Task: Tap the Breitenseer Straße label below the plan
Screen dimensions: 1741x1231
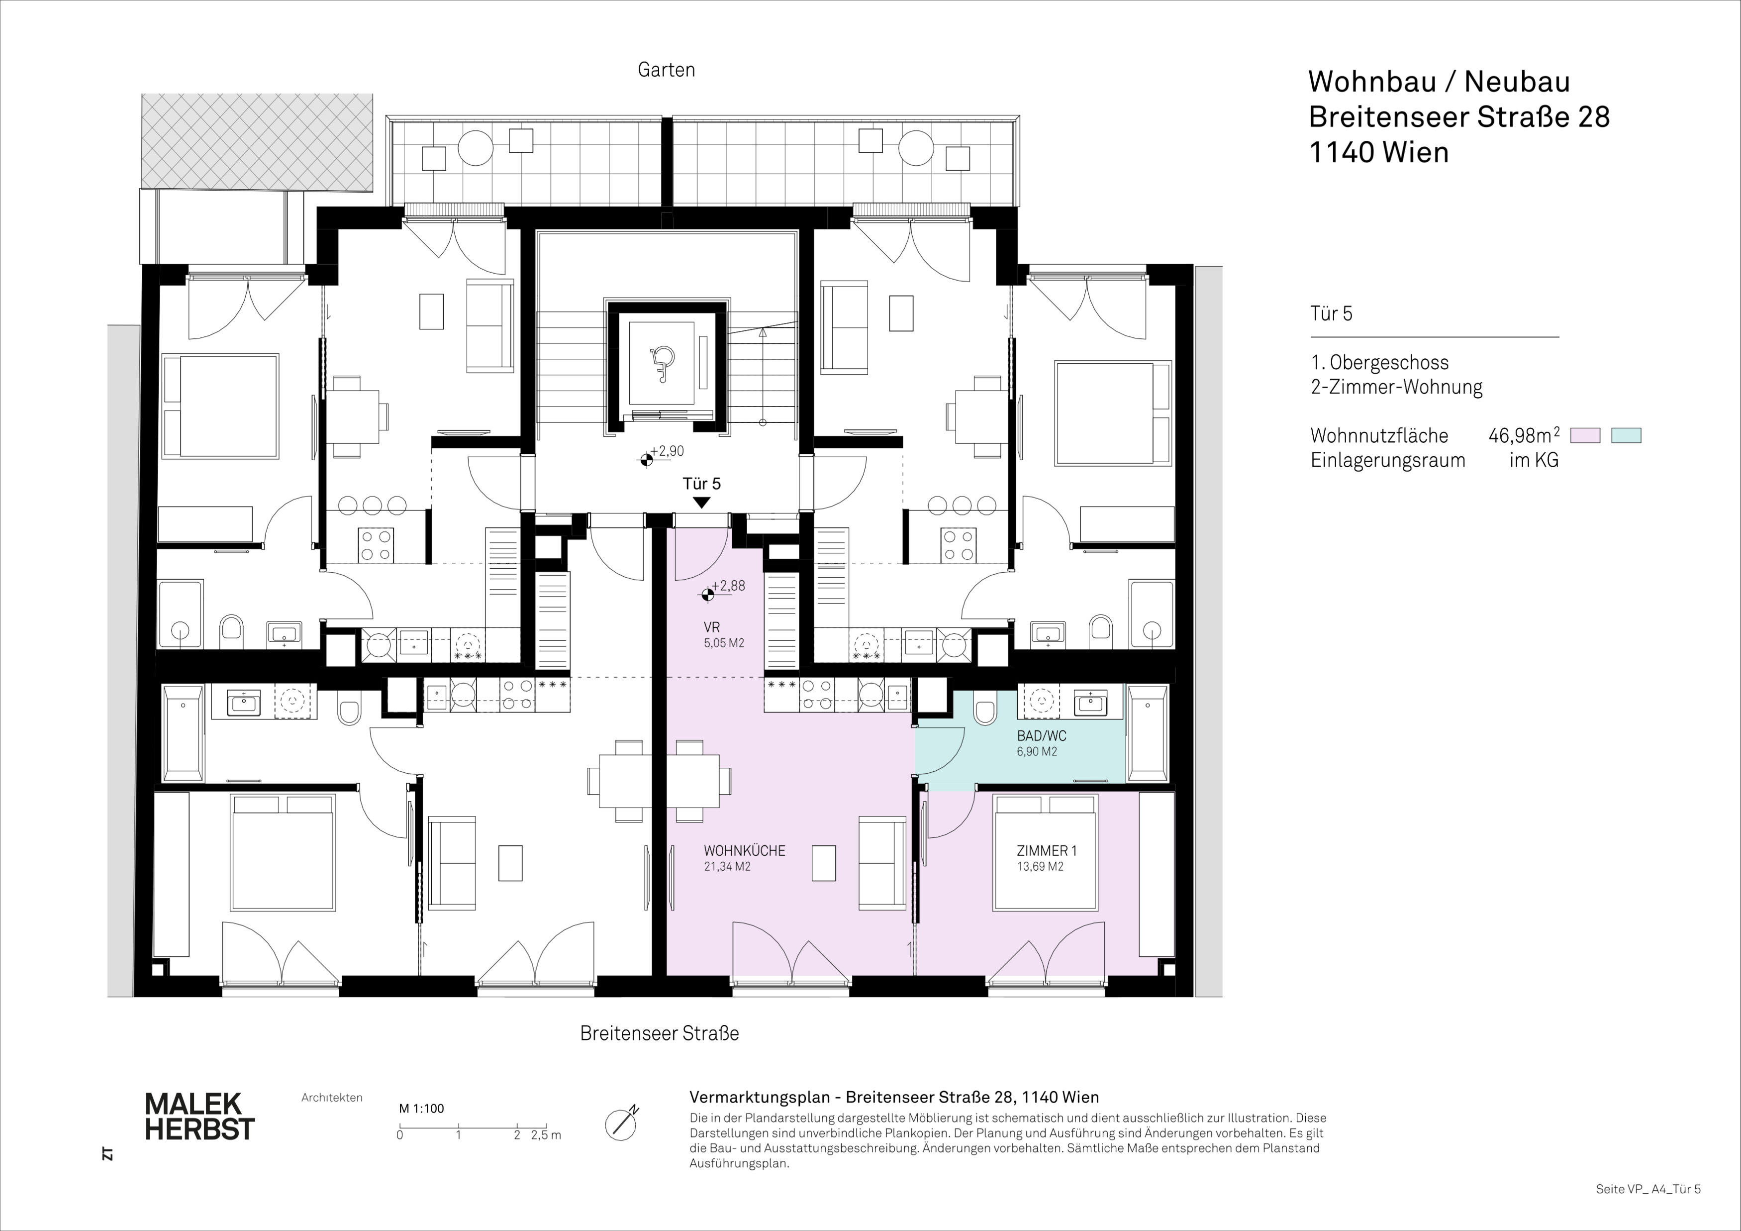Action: [659, 1033]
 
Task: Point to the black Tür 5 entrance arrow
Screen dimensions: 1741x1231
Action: [701, 502]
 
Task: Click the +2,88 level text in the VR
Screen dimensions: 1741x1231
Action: [728, 586]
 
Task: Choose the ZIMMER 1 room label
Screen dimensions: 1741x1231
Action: [1047, 851]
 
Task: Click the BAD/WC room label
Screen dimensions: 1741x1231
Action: [1041, 736]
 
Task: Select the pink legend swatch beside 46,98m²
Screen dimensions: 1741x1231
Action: [1585, 435]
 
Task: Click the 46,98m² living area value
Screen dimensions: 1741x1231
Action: [1524, 435]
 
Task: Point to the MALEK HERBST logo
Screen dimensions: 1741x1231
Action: [199, 1116]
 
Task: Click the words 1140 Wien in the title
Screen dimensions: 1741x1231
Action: [1379, 152]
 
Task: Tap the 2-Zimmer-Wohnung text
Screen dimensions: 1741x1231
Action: [1396, 387]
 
